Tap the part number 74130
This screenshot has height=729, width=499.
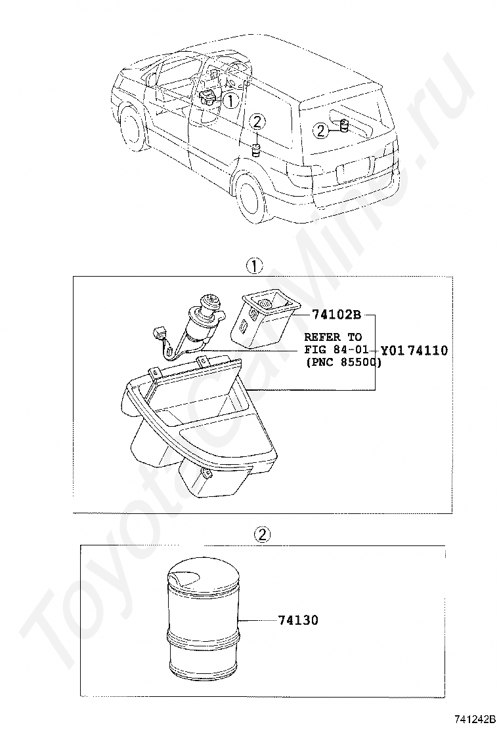298,620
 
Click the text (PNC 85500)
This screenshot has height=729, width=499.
343,362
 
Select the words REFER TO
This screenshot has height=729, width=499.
333,336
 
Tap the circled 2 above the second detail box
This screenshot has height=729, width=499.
262,535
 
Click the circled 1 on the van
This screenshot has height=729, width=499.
230,100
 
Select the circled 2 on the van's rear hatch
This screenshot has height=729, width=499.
320,130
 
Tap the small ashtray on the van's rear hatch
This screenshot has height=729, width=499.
345,126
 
